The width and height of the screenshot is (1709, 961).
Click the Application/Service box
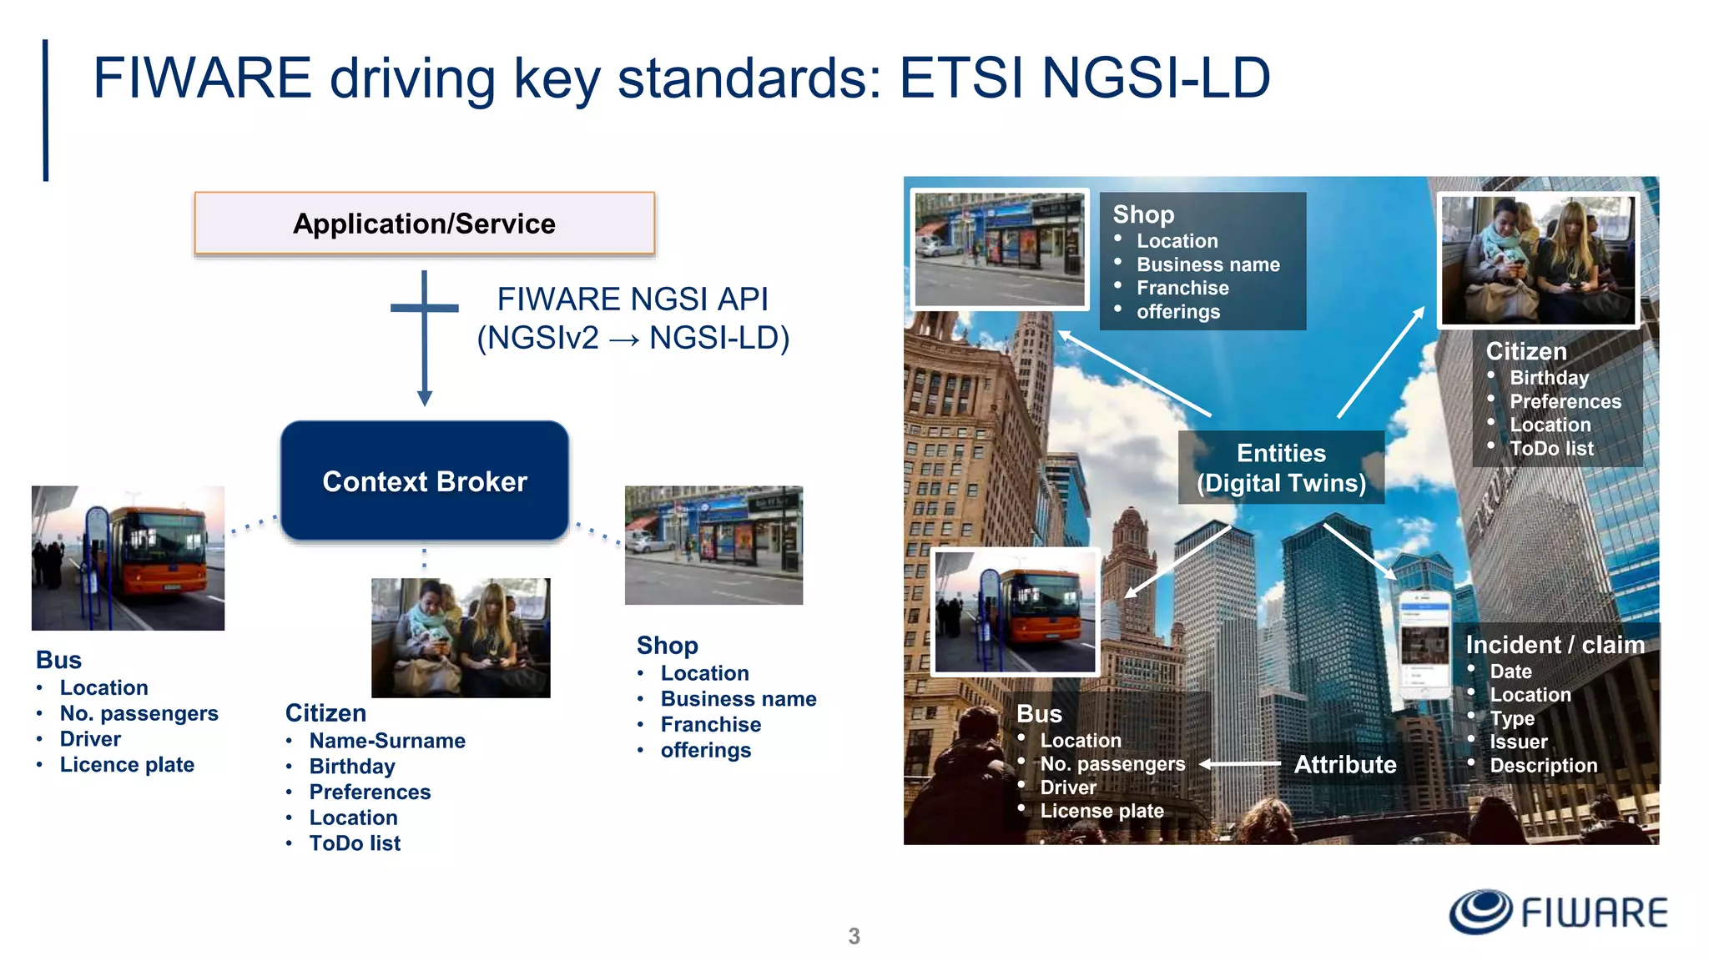click(424, 224)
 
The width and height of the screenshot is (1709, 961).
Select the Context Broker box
click(424, 481)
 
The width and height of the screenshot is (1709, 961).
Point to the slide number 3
click(854, 936)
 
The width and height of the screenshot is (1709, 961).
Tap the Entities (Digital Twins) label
click(1281, 467)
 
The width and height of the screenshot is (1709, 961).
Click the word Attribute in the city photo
click(1344, 764)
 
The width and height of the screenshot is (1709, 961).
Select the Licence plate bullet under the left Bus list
click(127, 764)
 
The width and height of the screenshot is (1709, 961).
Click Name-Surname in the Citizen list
click(387, 740)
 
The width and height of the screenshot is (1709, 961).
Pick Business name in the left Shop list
click(739, 698)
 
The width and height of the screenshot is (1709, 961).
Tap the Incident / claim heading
click(1555, 644)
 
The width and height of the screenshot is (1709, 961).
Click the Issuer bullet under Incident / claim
click(1518, 742)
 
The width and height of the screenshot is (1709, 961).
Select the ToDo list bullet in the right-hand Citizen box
click(1551, 448)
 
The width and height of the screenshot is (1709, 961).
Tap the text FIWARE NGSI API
click(632, 299)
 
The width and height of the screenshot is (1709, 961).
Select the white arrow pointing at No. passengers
click(1240, 763)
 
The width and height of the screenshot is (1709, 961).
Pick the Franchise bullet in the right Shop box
click(1182, 288)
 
